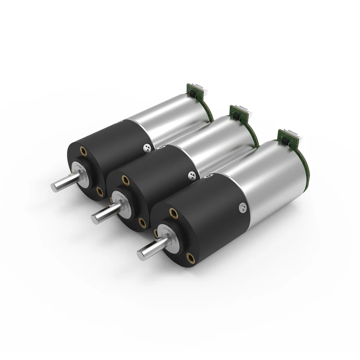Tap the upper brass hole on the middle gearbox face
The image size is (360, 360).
click(125, 180)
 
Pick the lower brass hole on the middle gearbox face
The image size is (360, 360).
click(142, 222)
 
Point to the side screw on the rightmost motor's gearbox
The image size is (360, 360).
click(243, 207)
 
